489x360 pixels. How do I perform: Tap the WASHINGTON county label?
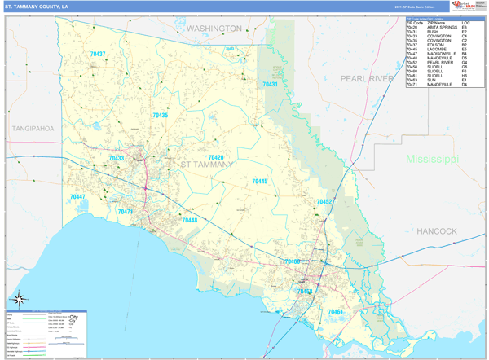coord(214,29)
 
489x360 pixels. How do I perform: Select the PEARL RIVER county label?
coord(367,78)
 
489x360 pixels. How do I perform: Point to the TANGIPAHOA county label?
coord(33,128)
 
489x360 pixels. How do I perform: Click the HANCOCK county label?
coord(437,231)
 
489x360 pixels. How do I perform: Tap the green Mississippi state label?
coord(433,158)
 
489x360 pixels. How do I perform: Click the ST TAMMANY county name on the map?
coord(206,165)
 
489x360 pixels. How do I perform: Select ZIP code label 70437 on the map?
coord(97,55)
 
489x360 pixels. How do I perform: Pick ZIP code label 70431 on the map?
coord(270,85)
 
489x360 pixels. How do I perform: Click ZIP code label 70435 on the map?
coord(160,116)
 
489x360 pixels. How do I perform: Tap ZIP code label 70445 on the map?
coord(259,182)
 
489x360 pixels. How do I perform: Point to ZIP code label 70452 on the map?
coord(324,201)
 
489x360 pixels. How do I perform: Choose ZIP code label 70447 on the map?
coord(77,197)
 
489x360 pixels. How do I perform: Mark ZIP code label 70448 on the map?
coord(189,221)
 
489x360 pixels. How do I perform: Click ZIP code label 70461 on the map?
coord(335,311)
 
